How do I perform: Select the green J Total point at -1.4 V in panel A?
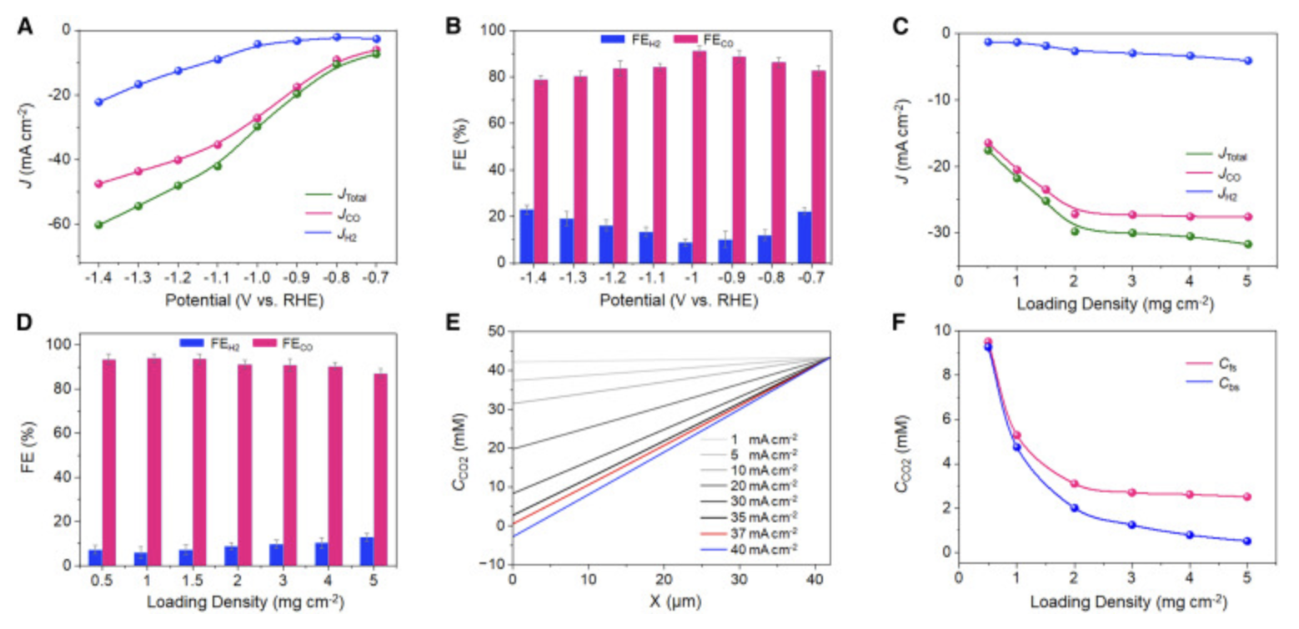click(98, 224)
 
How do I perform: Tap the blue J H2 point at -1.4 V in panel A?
click(98, 102)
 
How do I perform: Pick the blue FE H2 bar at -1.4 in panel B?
click(527, 236)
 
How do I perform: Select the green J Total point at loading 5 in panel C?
click(1247, 244)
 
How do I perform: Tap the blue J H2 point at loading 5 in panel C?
click(1247, 61)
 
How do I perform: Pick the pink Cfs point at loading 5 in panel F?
click(1247, 496)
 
